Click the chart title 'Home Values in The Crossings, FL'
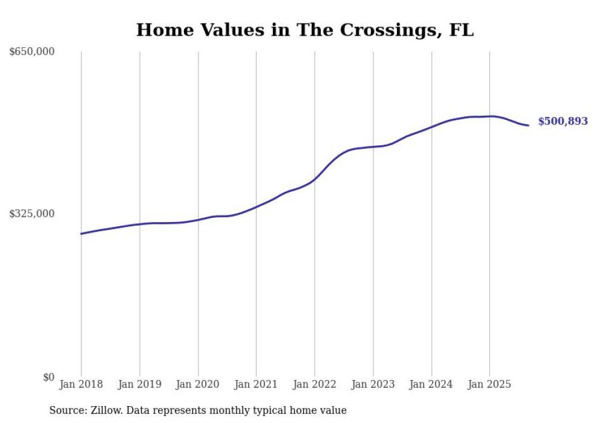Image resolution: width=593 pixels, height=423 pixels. click(304, 30)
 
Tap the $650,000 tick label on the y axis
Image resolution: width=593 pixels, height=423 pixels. click(32, 52)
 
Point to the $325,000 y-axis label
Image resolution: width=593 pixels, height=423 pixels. click(32, 214)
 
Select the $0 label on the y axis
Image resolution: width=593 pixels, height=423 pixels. click(48, 377)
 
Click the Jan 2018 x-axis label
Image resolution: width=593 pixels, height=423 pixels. click(81, 384)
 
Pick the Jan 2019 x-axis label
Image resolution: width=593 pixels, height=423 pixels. click(140, 384)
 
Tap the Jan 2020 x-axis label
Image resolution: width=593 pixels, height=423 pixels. click(198, 384)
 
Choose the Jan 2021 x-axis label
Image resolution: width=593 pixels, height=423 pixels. click(257, 384)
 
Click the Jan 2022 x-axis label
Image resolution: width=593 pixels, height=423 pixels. click(315, 384)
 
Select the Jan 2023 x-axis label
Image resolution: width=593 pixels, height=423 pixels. click(373, 384)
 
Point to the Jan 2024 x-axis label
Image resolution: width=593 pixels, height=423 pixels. click(431, 384)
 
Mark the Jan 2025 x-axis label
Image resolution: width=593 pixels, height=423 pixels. click(490, 384)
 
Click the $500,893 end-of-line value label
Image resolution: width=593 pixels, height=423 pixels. click(563, 122)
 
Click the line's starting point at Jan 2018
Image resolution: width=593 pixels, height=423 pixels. click(81, 234)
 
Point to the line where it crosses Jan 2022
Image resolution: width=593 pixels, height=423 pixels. click(315, 179)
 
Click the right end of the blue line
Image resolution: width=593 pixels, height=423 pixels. click(528, 125)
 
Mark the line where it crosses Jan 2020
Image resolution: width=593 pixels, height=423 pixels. click(198, 220)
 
